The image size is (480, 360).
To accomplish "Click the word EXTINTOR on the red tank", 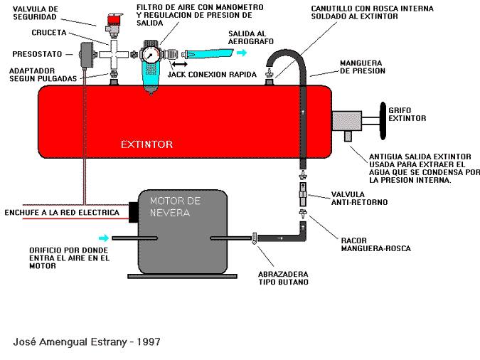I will point(147,144).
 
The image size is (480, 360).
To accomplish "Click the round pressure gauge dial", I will point(149,54).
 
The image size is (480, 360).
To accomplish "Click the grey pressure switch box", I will point(87,53).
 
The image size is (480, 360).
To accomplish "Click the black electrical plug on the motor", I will point(132,211).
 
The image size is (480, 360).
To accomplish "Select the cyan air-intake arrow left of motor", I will point(104,237).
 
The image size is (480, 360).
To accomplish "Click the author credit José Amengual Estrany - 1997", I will point(87,342).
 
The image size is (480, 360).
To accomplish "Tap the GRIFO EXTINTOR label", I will point(407,114).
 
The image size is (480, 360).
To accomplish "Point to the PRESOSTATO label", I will point(36,53).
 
